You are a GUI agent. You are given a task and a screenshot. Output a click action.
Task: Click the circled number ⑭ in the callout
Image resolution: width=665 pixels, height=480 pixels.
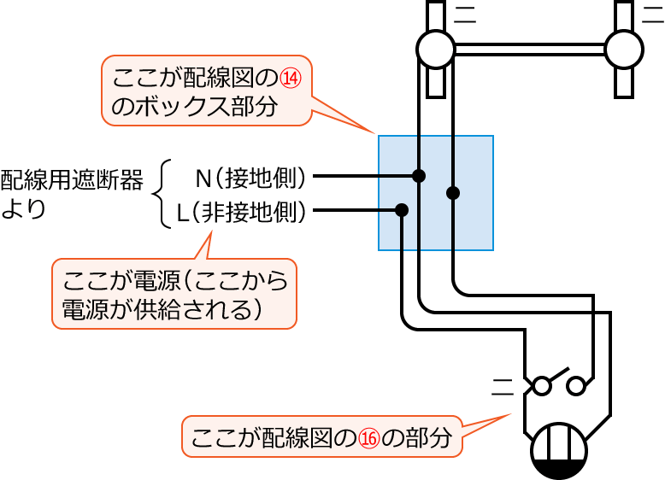[291, 79]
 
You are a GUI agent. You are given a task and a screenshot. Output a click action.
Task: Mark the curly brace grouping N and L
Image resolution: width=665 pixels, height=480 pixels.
[162, 194]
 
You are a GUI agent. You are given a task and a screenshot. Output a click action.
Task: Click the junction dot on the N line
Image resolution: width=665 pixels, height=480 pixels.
[418, 176]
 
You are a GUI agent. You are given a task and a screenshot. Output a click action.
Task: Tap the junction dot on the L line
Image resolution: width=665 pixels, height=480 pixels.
[402, 209]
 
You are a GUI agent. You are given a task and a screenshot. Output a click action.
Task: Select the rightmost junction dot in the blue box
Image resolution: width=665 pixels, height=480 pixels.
[453, 193]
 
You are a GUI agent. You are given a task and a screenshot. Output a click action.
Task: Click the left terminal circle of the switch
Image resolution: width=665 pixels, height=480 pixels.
[541, 387]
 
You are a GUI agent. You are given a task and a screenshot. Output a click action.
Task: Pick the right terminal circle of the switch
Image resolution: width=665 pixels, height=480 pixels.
[579, 387]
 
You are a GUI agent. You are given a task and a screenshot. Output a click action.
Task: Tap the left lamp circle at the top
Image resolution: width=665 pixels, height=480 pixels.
[436, 49]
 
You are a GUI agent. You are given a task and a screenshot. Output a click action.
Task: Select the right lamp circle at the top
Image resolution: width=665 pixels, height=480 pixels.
[623, 49]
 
